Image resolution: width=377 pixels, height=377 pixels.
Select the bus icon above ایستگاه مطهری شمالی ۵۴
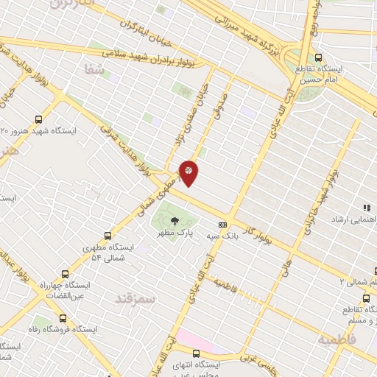[x=108, y=236]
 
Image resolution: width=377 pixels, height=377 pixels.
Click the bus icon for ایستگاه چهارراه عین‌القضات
[x=66, y=273]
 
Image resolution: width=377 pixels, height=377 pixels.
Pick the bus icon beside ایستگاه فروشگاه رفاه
[x=62, y=319]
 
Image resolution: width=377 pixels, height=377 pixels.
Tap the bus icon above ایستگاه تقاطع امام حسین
[x=318, y=57]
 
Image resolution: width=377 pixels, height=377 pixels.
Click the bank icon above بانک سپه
[x=222, y=225]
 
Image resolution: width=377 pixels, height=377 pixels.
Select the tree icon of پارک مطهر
[x=175, y=220]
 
